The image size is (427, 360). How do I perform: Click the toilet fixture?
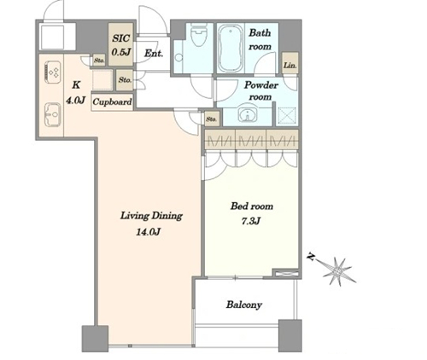[200, 36]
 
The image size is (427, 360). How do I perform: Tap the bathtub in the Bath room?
[230, 49]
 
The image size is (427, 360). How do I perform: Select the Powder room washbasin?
[248, 113]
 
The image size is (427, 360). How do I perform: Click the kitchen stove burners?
[53, 73]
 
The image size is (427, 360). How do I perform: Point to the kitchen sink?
[53, 114]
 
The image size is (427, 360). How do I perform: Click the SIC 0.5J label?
[121, 45]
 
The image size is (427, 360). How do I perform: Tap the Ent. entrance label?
[154, 53]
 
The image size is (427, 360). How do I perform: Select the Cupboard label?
[112, 102]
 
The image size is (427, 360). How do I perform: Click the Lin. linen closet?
[290, 63]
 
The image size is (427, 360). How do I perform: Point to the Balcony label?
[244, 305]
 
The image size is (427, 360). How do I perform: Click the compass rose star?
[338, 271]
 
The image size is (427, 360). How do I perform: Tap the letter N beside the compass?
[311, 258]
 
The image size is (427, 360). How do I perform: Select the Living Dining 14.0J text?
[151, 224]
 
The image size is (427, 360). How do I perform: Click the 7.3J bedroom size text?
[251, 221]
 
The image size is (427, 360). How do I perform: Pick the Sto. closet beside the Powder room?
[212, 119]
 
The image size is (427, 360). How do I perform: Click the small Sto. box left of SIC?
[99, 61]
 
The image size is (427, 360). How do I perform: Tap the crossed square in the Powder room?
[287, 115]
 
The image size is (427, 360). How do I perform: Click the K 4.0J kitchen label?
[75, 92]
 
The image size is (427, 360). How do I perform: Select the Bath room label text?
[260, 39]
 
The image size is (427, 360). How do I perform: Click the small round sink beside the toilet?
[178, 58]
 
